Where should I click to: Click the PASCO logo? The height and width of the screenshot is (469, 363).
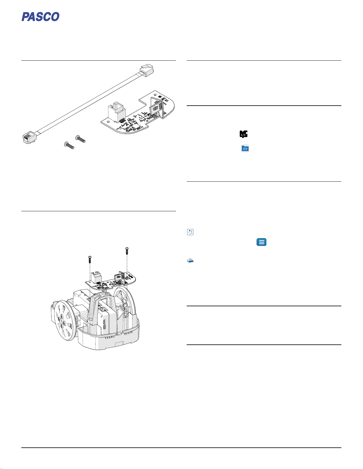[x=40, y=17]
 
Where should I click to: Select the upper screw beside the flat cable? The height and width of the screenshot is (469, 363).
[x=80, y=139]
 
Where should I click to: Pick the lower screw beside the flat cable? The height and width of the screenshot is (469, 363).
[x=69, y=145]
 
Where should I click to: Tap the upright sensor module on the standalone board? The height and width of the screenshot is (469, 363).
[x=157, y=107]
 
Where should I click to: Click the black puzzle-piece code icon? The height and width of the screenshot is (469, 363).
[x=244, y=134]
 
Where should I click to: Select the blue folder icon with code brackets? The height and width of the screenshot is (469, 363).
[x=245, y=149]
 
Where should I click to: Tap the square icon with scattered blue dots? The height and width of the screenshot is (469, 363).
[x=190, y=232]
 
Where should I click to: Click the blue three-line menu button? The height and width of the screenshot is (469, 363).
[x=261, y=242]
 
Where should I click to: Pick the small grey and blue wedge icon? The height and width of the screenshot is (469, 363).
[x=190, y=260]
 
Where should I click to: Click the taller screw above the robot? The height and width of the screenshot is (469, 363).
[x=127, y=251]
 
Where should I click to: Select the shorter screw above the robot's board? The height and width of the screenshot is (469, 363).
[x=90, y=259]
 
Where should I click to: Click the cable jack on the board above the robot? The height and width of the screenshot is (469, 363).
[x=96, y=277]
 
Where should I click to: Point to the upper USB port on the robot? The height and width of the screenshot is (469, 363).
[x=104, y=321]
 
